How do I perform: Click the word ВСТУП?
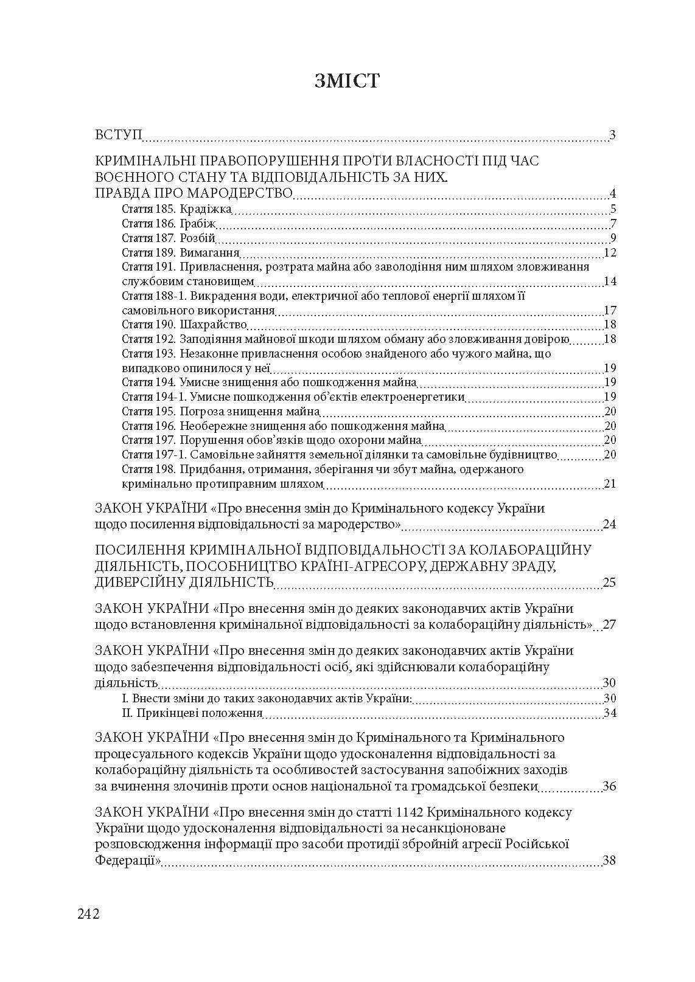[x=119, y=134]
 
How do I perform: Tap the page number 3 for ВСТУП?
[x=612, y=135]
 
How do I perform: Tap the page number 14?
[x=610, y=281]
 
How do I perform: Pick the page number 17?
[x=610, y=311]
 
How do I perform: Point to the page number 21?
[x=610, y=484]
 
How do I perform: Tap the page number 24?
[x=609, y=524]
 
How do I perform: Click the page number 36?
[x=609, y=786]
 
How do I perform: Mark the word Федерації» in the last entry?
[x=128, y=860]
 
